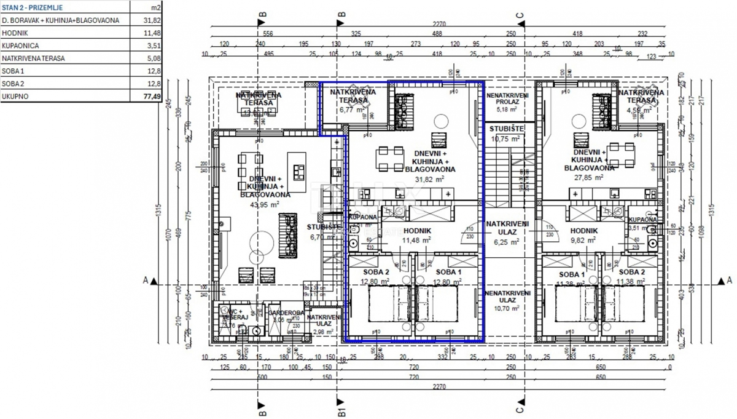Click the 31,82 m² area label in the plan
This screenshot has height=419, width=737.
[429, 179]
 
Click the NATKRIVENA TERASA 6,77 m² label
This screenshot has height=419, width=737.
[353, 101]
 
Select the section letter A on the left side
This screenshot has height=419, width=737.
[146, 281]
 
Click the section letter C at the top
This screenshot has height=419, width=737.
[520, 14]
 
